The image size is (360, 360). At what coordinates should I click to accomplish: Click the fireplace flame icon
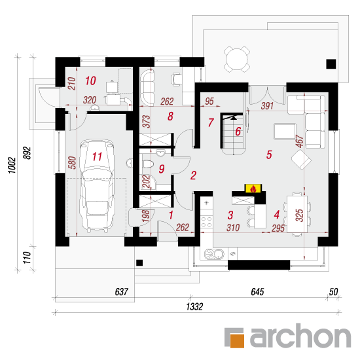(x=253, y=189)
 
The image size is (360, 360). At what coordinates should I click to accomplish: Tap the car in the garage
(x=97, y=185)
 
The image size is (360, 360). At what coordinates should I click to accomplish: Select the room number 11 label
(x=97, y=157)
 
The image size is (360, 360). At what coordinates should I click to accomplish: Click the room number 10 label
(x=90, y=81)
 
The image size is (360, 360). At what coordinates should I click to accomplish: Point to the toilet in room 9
(x=148, y=164)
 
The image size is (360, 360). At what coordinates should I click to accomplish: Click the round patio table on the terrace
(x=237, y=59)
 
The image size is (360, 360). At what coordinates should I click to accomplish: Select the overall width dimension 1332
(x=194, y=307)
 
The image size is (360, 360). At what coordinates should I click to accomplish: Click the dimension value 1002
(x=12, y=165)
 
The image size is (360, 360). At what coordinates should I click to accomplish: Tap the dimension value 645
(x=257, y=292)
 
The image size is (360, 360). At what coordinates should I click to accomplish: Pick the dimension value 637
(x=122, y=292)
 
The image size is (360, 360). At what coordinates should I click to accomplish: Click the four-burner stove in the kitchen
(x=206, y=222)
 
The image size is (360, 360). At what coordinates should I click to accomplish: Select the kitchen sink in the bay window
(x=214, y=254)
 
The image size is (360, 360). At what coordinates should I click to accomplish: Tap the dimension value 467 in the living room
(x=300, y=141)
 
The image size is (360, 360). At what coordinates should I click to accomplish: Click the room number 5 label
(x=269, y=154)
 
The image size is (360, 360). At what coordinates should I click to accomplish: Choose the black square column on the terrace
(x=331, y=64)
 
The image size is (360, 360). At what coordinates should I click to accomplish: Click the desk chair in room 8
(x=176, y=79)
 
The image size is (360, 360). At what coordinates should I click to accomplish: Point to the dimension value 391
(x=267, y=106)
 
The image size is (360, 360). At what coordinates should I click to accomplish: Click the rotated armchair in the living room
(x=301, y=160)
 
